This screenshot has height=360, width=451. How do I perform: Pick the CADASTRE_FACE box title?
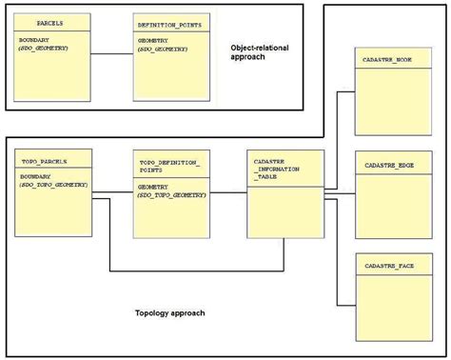coord(388,270)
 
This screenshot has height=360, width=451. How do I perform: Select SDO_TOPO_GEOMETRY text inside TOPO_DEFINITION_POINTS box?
coord(172,195)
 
